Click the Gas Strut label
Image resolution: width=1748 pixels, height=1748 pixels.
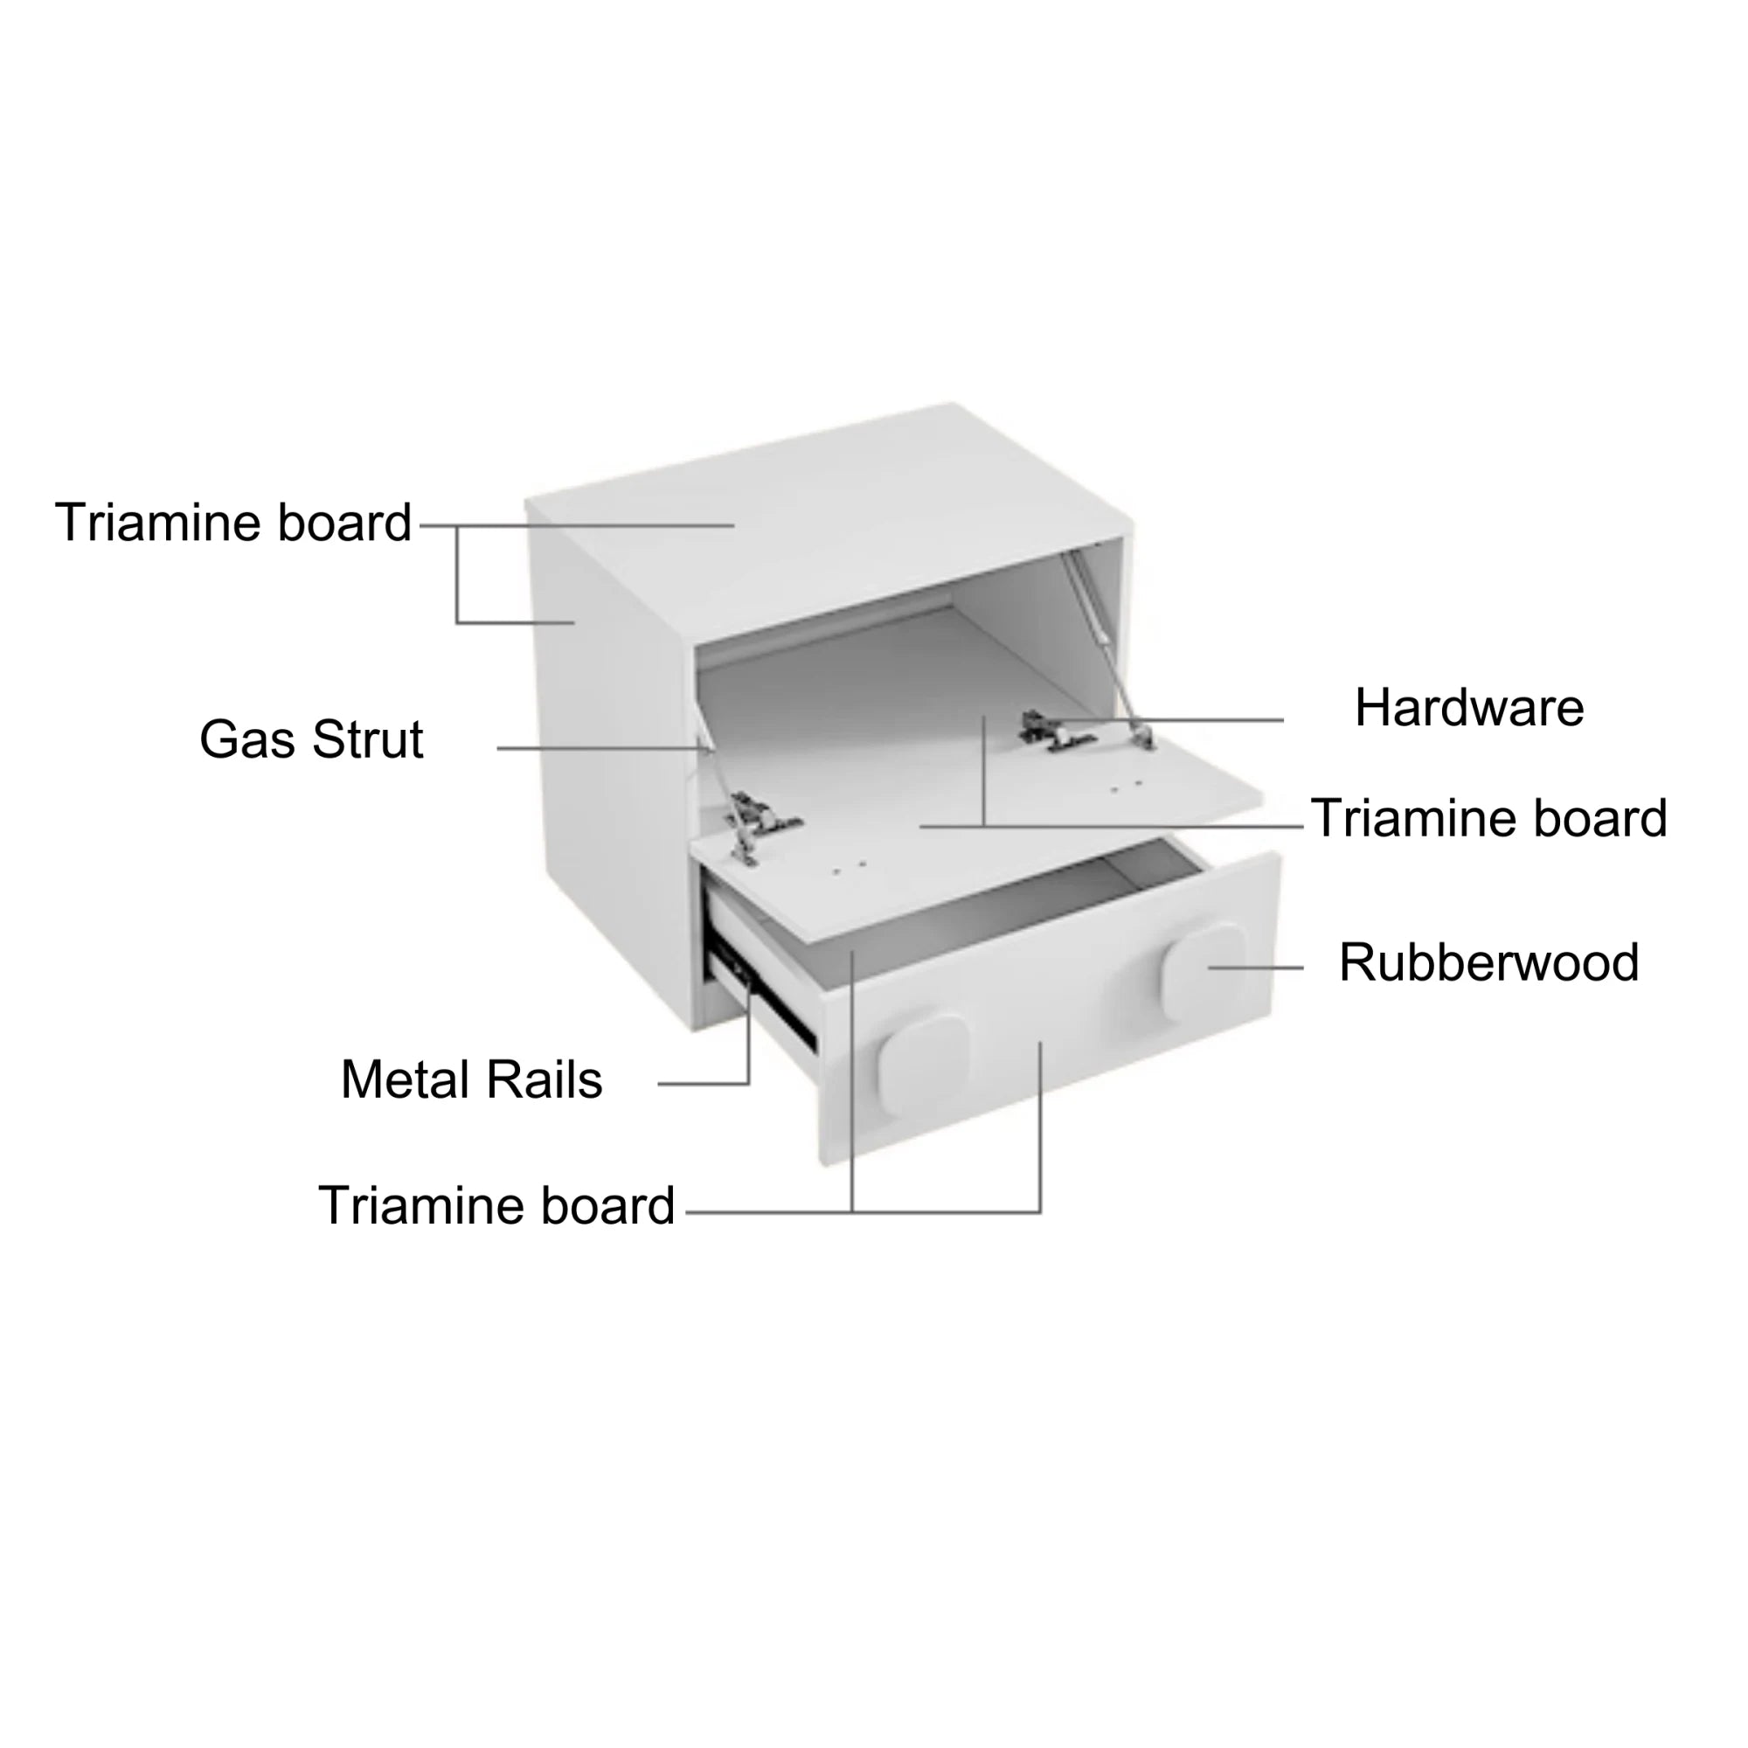click(311, 740)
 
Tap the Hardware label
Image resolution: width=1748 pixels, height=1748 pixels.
click(1469, 708)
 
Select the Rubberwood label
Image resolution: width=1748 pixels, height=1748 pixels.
click(1488, 961)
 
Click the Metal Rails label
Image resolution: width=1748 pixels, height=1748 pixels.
click(471, 1079)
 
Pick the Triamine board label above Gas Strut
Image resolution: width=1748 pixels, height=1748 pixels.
click(233, 522)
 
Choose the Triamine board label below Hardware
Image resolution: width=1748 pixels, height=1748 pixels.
click(1488, 818)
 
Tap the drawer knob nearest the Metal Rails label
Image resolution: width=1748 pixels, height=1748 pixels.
click(922, 1058)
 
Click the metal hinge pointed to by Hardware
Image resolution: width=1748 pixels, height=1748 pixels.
click(1056, 731)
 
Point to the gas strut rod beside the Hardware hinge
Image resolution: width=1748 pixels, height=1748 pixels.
click(1107, 648)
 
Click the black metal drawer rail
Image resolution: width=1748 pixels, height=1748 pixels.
click(762, 996)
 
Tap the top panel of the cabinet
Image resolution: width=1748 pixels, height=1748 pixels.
click(828, 520)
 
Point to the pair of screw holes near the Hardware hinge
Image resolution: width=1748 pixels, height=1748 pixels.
click(1127, 787)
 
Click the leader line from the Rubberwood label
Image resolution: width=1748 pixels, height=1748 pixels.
click(1256, 968)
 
